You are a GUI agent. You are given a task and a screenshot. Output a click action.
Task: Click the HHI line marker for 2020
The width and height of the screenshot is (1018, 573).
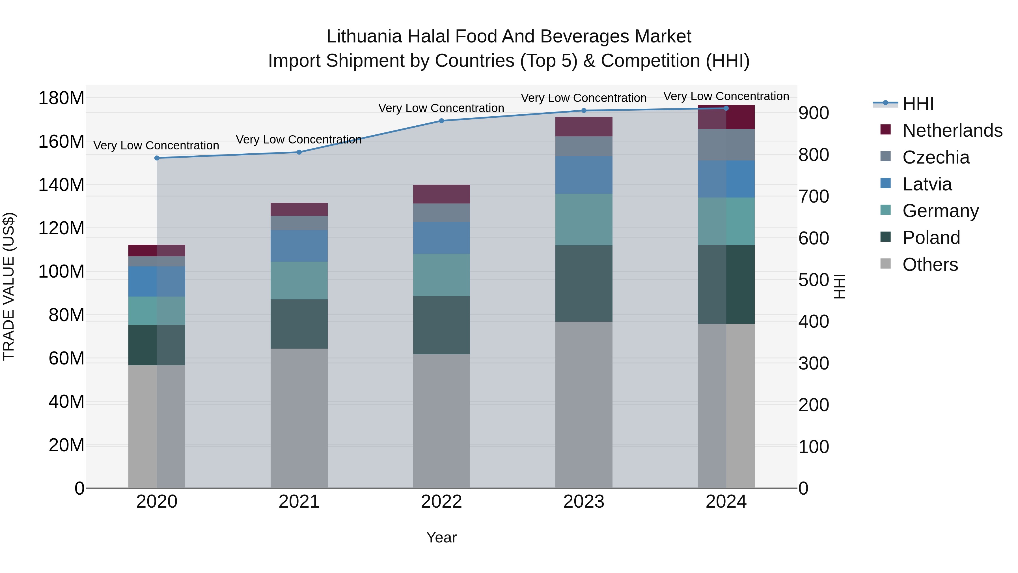point(157,158)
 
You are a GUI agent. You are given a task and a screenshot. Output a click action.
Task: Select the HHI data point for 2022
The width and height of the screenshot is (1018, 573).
point(441,121)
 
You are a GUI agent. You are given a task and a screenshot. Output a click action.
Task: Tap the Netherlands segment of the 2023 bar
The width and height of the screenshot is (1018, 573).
point(584,126)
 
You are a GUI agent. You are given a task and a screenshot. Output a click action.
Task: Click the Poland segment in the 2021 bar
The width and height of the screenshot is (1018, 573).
point(299,324)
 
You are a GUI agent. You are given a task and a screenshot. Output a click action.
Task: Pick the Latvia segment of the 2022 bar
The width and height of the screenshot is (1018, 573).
point(441,238)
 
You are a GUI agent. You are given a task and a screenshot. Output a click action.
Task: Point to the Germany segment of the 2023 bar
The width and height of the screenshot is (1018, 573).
point(584,220)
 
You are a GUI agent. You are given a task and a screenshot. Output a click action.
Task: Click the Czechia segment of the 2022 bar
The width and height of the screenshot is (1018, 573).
point(441,213)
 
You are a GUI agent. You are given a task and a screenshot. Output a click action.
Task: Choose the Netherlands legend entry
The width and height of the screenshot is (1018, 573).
point(952,130)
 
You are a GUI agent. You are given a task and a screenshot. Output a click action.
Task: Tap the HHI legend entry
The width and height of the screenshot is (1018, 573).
point(918,104)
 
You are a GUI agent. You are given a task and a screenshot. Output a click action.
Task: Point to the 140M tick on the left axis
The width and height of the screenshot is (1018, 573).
point(61,185)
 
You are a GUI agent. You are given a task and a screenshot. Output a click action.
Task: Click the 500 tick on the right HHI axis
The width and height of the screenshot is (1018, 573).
point(813,280)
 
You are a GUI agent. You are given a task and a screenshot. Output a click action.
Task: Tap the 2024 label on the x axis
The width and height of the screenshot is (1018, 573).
point(726,502)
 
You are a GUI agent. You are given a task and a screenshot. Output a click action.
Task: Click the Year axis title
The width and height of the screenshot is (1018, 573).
point(441,537)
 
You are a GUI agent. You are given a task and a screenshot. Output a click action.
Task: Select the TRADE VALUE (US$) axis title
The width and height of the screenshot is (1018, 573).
point(9,286)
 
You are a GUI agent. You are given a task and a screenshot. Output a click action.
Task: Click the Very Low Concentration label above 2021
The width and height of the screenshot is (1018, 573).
point(299,140)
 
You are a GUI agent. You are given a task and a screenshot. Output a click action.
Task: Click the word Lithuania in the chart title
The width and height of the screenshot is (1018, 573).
point(364,37)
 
